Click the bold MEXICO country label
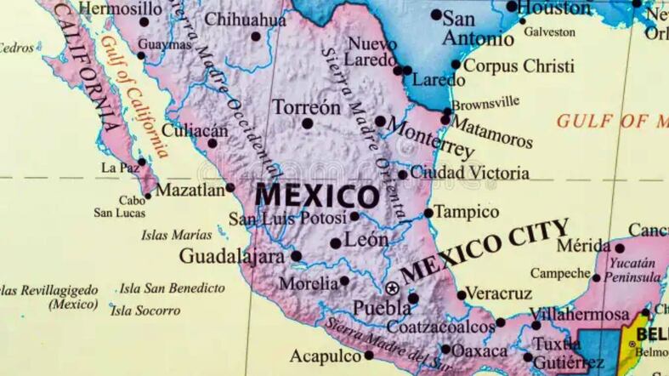[x=317, y=195]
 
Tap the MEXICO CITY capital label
[x=485, y=249]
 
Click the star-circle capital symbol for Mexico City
[x=392, y=288]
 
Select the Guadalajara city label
[x=231, y=255]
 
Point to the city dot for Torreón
[x=308, y=123]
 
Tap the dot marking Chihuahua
[x=255, y=36]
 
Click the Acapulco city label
[x=326, y=356]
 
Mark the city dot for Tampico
[x=428, y=213]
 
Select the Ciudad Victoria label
[x=469, y=174]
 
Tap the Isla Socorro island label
[x=145, y=310]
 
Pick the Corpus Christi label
[x=519, y=65]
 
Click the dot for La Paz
[x=142, y=161]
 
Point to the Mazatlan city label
[x=190, y=189]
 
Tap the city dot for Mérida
[x=620, y=248]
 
